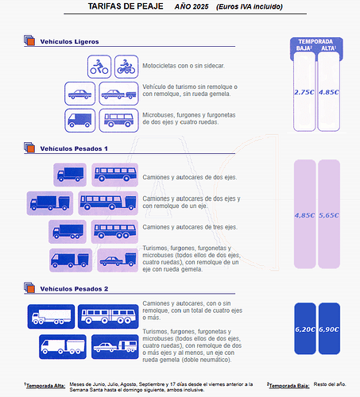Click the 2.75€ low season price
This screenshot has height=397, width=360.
tap(304, 92)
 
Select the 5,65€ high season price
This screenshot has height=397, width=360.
tap(329, 215)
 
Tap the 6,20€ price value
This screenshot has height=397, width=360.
tap(305, 330)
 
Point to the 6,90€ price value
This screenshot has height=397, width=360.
tap(329, 330)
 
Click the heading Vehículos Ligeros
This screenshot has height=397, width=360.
tap(69, 41)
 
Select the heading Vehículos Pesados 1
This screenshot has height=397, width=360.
tap(74, 148)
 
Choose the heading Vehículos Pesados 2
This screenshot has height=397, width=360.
tap(74, 289)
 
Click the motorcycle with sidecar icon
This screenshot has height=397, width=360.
tap(126, 67)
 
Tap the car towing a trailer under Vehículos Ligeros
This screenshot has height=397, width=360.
tap(118, 94)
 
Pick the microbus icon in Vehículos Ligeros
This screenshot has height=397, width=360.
tap(118, 121)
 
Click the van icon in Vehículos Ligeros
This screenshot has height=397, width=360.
tap(79, 121)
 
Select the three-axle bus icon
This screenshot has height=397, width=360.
tap(114, 232)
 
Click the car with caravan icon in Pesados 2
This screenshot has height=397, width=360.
tap(115, 347)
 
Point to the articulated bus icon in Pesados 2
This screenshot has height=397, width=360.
tap(108, 317)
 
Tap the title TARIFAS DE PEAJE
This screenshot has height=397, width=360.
tap(126, 6)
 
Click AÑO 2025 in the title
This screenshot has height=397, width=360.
tap(192, 6)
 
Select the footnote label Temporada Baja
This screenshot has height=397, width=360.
tap(289, 386)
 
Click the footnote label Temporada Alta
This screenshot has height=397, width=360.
tap(45, 386)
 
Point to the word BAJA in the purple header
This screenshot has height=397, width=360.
tap(303, 48)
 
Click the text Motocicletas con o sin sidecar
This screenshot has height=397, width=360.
tap(184, 66)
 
